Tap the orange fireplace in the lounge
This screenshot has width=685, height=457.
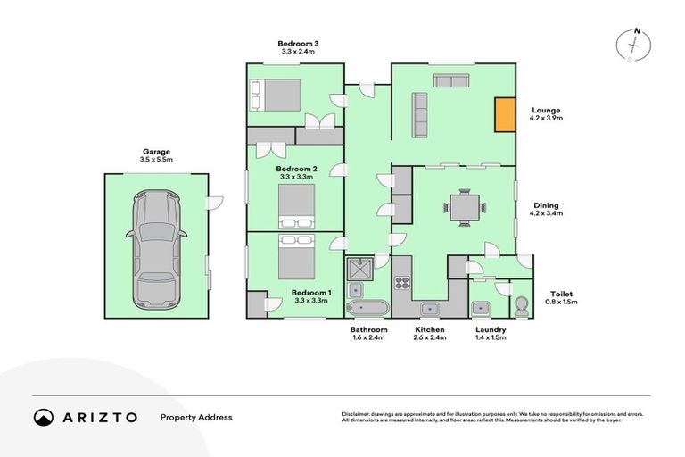tap(505, 114)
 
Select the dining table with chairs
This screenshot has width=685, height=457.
tap(465, 208)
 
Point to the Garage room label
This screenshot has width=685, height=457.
tap(156, 152)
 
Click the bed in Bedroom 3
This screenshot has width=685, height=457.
tap(276, 94)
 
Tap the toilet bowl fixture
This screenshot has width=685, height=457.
tap(521, 304)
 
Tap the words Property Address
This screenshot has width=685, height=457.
tap(195, 417)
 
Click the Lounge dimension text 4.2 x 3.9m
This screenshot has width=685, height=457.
tap(545, 118)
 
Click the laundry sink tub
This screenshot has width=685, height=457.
tap(483, 308)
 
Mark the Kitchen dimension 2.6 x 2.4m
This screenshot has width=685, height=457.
tap(429, 338)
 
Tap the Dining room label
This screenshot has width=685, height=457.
tap(545, 204)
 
